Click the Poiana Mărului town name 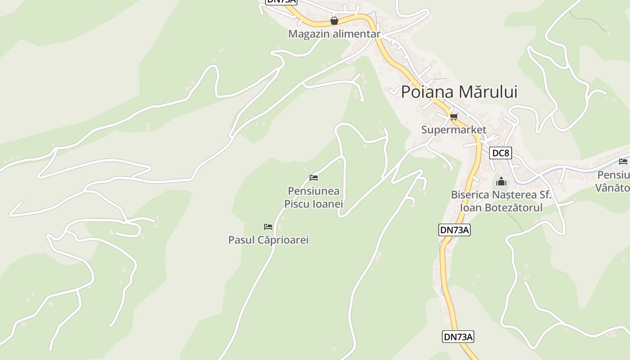pos(459,92)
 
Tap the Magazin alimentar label pos(334,34)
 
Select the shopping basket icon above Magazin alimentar pos(334,21)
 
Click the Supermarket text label pos(454,130)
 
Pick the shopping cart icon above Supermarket pos(454,117)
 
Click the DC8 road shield pos(500,153)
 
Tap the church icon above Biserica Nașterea pos(501,182)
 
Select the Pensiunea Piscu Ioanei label pos(314,198)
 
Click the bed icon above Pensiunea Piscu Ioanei pos(314,178)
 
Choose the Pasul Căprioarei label pos(268,240)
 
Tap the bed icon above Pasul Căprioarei pos(268,226)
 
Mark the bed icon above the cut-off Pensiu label pos(623,162)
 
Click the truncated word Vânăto pos(612,187)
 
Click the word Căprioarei pos(283,240)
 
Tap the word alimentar pos(357,34)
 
